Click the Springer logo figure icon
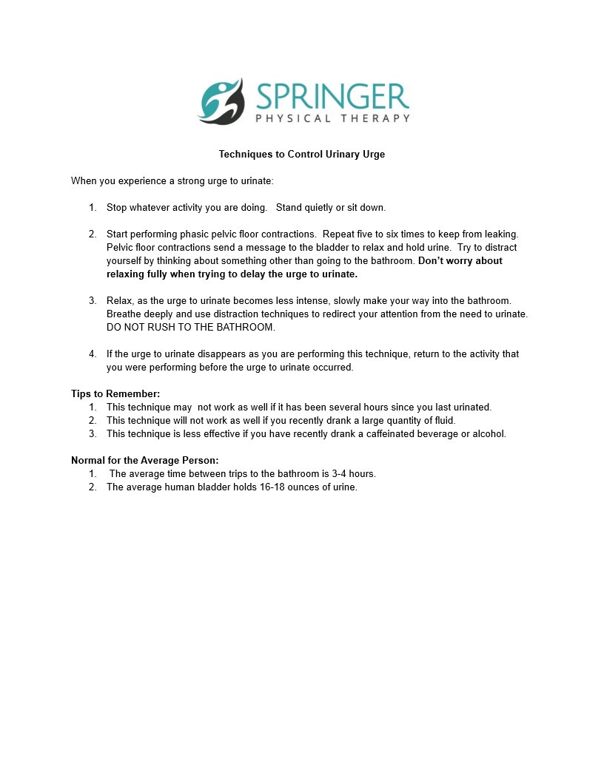point(221,101)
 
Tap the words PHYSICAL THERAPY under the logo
point(332,118)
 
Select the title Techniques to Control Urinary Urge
point(302,155)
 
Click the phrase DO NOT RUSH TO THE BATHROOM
point(191,327)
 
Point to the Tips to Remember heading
point(115,393)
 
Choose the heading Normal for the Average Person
point(145,460)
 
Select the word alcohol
point(488,433)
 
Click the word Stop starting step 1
point(117,207)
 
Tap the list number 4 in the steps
point(92,354)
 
